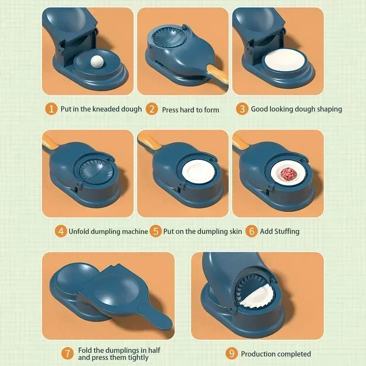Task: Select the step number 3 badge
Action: (x=242, y=109)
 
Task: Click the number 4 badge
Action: (x=61, y=231)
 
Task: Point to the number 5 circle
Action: (x=156, y=231)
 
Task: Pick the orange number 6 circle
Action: (x=251, y=231)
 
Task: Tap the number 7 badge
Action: (x=67, y=353)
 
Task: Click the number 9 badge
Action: (x=232, y=353)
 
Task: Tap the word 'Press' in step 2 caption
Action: (x=171, y=110)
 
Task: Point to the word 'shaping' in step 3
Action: (x=328, y=109)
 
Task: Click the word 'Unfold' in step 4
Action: (x=81, y=231)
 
